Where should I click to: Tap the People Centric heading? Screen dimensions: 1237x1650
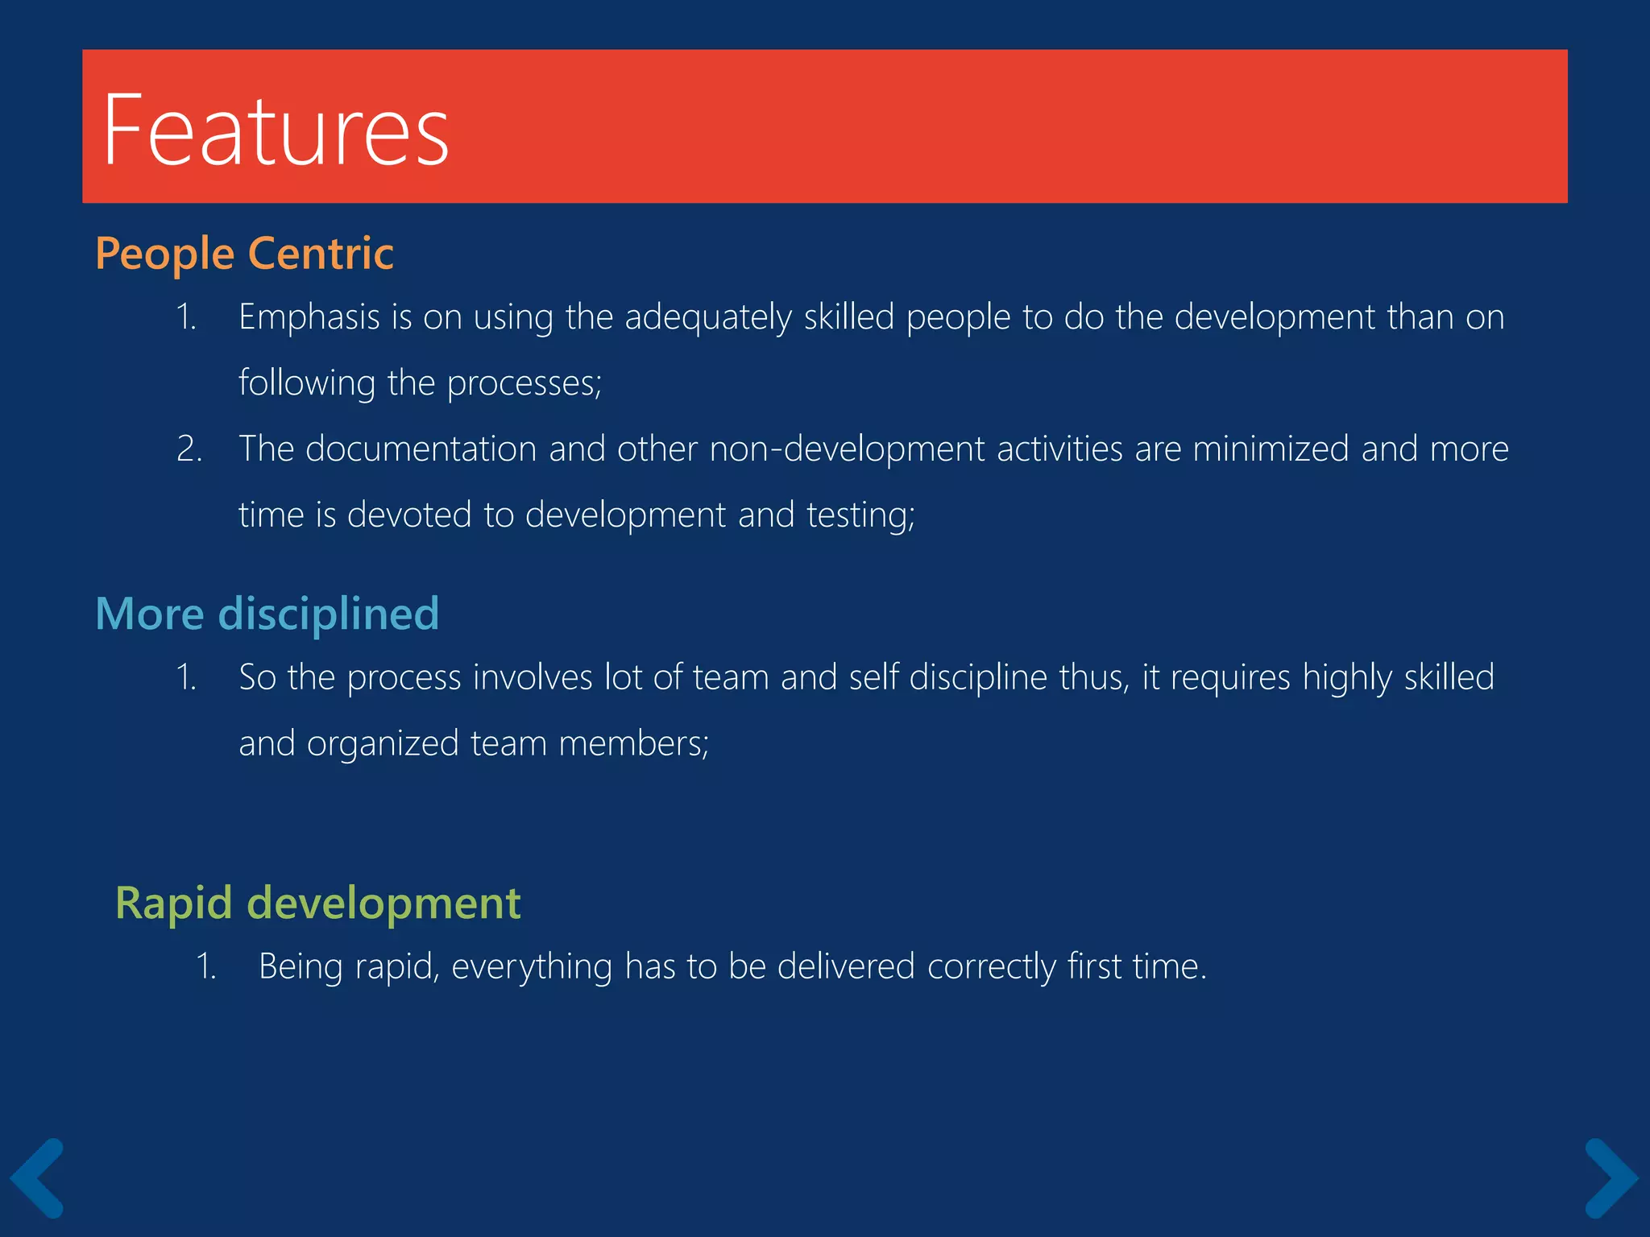click(x=244, y=254)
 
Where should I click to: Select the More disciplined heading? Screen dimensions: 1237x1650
click(x=267, y=614)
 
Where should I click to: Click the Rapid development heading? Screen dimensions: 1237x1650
click(x=317, y=903)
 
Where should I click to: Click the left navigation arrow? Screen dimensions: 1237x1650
click(x=37, y=1177)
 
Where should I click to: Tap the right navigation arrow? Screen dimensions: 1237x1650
click(x=1611, y=1177)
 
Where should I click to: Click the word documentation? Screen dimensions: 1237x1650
click(x=421, y=449)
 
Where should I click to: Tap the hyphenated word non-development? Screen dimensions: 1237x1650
click(x=847, y=449)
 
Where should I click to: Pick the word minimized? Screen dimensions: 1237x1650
click(x=1271, y=449)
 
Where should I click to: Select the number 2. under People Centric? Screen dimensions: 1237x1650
click(x=189, y=449)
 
